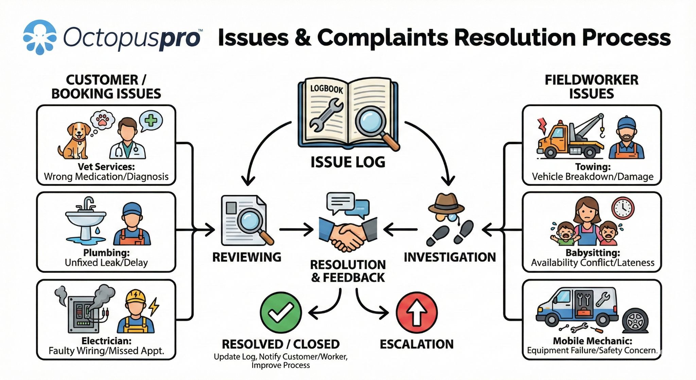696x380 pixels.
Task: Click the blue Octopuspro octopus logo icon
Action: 40,37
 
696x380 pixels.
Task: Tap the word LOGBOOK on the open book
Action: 327,89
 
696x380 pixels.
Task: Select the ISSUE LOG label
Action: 348,162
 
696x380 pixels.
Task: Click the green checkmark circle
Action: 281,312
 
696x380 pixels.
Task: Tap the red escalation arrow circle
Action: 417,312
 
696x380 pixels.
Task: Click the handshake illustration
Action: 348,233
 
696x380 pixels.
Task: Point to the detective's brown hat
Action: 446,203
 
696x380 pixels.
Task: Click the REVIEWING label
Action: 247,257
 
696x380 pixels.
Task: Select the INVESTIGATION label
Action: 450,257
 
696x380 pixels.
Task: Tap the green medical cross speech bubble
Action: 151,120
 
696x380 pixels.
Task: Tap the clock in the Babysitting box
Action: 623,208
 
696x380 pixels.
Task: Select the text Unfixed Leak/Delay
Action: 106,263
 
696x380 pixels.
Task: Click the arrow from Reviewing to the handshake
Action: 296,230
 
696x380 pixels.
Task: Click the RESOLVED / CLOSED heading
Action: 281,344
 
